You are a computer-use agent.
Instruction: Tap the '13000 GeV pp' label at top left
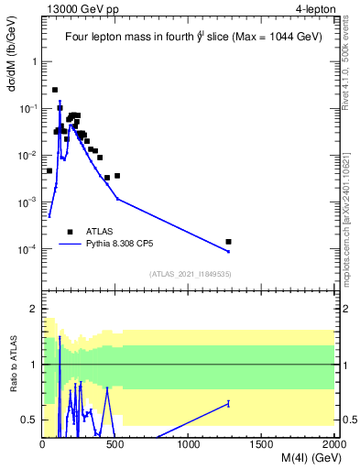click(78, 9)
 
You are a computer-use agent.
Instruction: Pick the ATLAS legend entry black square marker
click(71, 232)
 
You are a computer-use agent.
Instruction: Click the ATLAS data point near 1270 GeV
click(228, 242)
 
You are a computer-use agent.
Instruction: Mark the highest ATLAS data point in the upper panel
click(55, 90)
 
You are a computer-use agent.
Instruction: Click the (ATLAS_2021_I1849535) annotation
click(189, 274)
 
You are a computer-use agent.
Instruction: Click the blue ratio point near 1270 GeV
click(228, 403)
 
